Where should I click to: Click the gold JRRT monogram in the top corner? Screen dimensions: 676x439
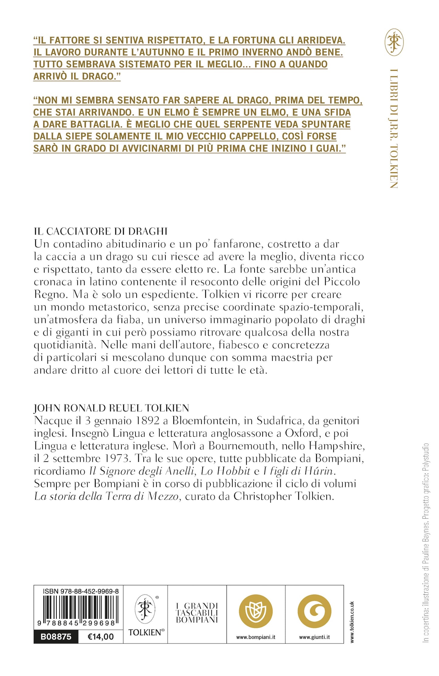[394, 43]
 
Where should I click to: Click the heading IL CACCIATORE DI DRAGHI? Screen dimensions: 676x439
[101, 231]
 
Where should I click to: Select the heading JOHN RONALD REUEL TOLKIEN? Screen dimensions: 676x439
[111, 408]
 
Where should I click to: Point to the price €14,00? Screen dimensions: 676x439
[101, 637]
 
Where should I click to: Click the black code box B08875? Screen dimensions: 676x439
[56, 637]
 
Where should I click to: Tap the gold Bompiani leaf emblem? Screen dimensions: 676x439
[256, 611]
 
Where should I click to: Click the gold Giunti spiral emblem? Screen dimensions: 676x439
[314, 611]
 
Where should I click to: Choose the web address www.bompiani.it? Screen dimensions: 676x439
[256, 637]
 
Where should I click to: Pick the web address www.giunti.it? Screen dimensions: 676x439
[314, 637]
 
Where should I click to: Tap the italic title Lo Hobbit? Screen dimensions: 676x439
[225, 471]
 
